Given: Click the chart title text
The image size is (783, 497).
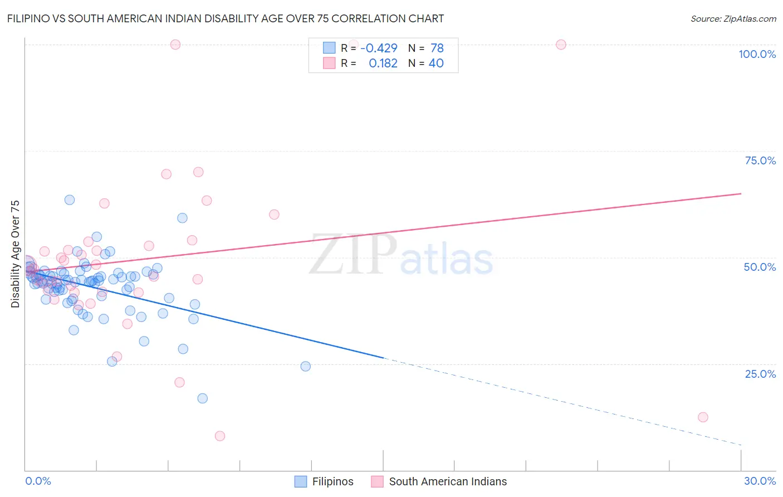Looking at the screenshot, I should [x=226, y=18].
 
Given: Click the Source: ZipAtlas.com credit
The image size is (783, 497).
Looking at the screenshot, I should [x=733, y=19].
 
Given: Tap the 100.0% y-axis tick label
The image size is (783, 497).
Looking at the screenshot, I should [x=757, y=54].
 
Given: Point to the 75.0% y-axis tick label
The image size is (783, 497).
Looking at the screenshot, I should [x=760, y=160].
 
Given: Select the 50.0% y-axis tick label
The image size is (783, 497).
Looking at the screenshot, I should [x=760, y=267].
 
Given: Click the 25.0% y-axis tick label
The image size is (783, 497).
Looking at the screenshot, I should [x=760, y=374].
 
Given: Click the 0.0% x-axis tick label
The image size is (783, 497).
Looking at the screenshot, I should [x=38, y=481].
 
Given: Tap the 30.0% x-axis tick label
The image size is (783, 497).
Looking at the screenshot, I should [x=760, y=481].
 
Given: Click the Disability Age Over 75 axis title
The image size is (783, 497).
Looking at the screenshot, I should [x=16, y=254].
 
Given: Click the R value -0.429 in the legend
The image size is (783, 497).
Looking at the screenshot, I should [x=379, y=48].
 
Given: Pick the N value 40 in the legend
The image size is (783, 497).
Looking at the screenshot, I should [x=436, y=64].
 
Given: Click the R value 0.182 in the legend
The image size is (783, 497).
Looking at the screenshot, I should [x=383, y=64].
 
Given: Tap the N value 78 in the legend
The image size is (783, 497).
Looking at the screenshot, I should [x=437, y=48].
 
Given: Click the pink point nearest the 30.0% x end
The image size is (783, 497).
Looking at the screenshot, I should [x=703, y=417].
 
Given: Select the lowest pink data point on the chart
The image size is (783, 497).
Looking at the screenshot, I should [x=220, y=436].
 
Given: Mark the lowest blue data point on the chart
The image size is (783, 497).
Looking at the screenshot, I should [x=203, y=398].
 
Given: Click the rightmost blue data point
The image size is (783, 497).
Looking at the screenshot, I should [x=305, y=366].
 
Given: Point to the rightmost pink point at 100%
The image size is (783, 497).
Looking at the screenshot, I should [x=561, y=45].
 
